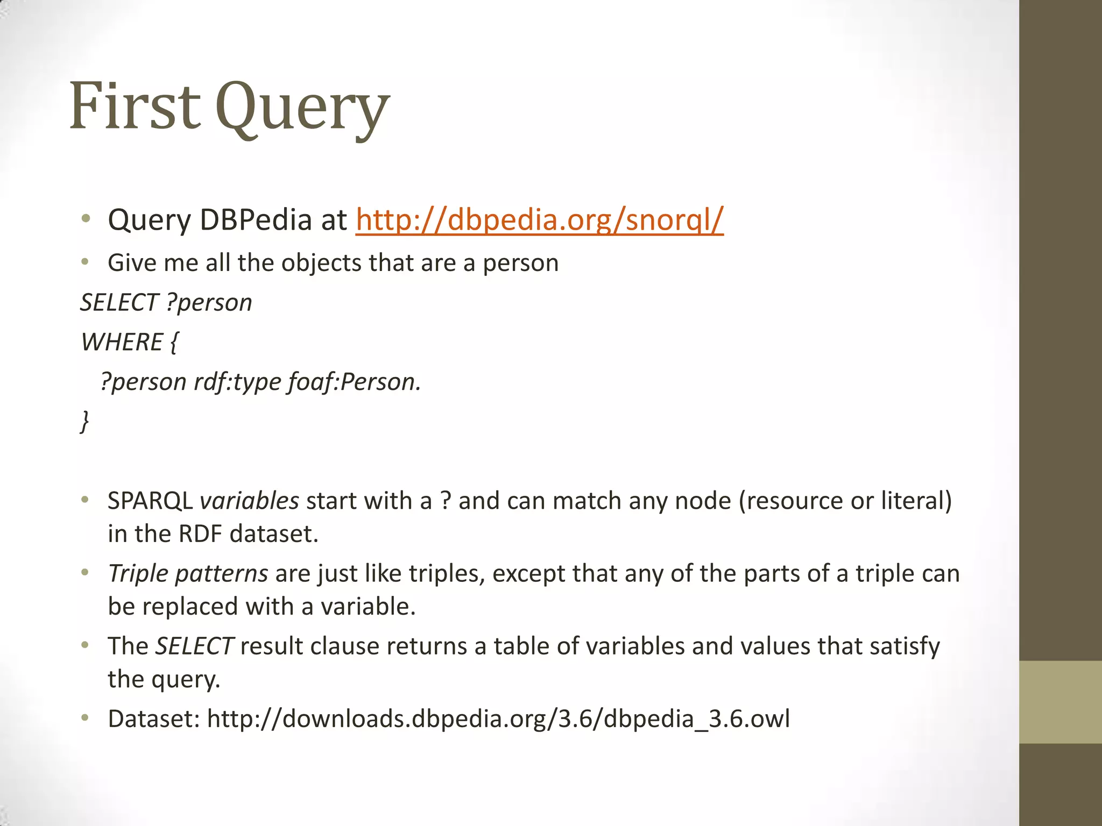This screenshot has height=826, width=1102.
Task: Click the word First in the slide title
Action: pos(135,106)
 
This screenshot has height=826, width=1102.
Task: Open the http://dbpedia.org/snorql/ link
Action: pos(539,219)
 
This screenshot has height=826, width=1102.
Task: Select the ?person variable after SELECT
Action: pos(209,303)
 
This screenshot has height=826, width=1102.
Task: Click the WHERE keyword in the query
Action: pos(122,342)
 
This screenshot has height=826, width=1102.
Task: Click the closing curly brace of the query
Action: pos(85,421)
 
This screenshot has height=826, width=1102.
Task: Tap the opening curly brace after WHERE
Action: pos(173,343)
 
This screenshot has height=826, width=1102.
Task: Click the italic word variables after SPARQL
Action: pos(249,501)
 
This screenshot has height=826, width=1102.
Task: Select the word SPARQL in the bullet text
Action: pos(150,501)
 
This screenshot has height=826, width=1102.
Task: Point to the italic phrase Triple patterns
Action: pos(188,573)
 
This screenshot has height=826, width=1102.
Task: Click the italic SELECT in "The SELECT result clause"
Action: pos(194,646)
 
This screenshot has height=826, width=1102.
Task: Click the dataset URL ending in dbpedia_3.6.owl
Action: pos(498,718)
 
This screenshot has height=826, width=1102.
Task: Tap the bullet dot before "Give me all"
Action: pos(85,262)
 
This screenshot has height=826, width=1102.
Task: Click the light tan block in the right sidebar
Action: pos(1060,702)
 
